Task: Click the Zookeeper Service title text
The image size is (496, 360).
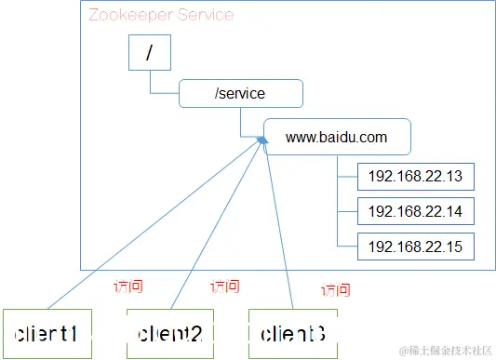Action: [x=161, y=16]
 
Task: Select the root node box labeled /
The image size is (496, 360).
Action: [x=149, y=55]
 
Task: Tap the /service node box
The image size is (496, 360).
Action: [x=241, y=94]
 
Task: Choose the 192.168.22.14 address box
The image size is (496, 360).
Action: [x=416, y=211]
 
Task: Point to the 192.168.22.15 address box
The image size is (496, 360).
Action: [x=416, y=247]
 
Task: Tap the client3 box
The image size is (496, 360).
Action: [x=292, y=332]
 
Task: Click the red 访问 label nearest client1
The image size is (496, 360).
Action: [x=127, y=286]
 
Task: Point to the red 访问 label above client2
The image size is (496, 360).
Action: [x=225, y=287]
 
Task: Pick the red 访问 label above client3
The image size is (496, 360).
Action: [x=335, y=290]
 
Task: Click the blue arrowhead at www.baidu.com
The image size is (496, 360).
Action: [x=263, y=140]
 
